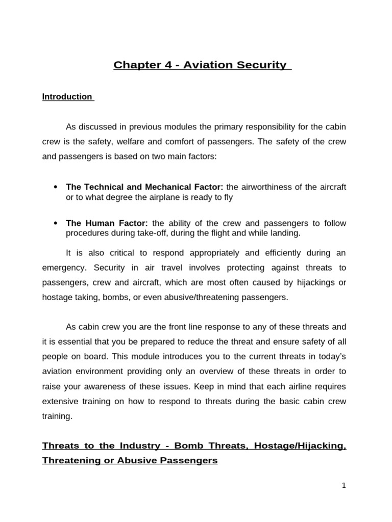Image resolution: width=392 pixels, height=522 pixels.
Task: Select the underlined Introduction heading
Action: (67, 97)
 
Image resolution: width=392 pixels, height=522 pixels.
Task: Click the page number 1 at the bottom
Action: (344, 486)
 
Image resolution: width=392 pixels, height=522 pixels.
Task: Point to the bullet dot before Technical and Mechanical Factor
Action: (55, 187)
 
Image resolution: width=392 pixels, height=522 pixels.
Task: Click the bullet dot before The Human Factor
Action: (55, 223)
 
